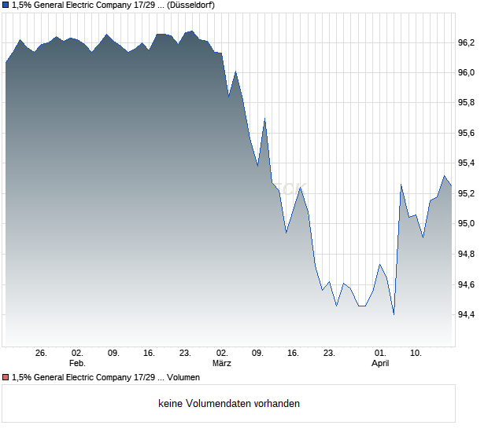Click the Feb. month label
pyautogui.click(x=76, y=364)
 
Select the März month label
pyautogui.click(x=222, y=364)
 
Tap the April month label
pyautogui.click(x=380, y=364)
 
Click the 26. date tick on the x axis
pyautogui.click(x=42, y=354)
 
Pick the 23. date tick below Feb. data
pyautogui.click(x=185, y=354)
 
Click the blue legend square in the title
pyautogui.click(x=6, y=5)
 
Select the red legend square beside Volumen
pyautogui.click(x=6, y=378)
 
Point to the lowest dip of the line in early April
pyautogui.click(x=393, y=314)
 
